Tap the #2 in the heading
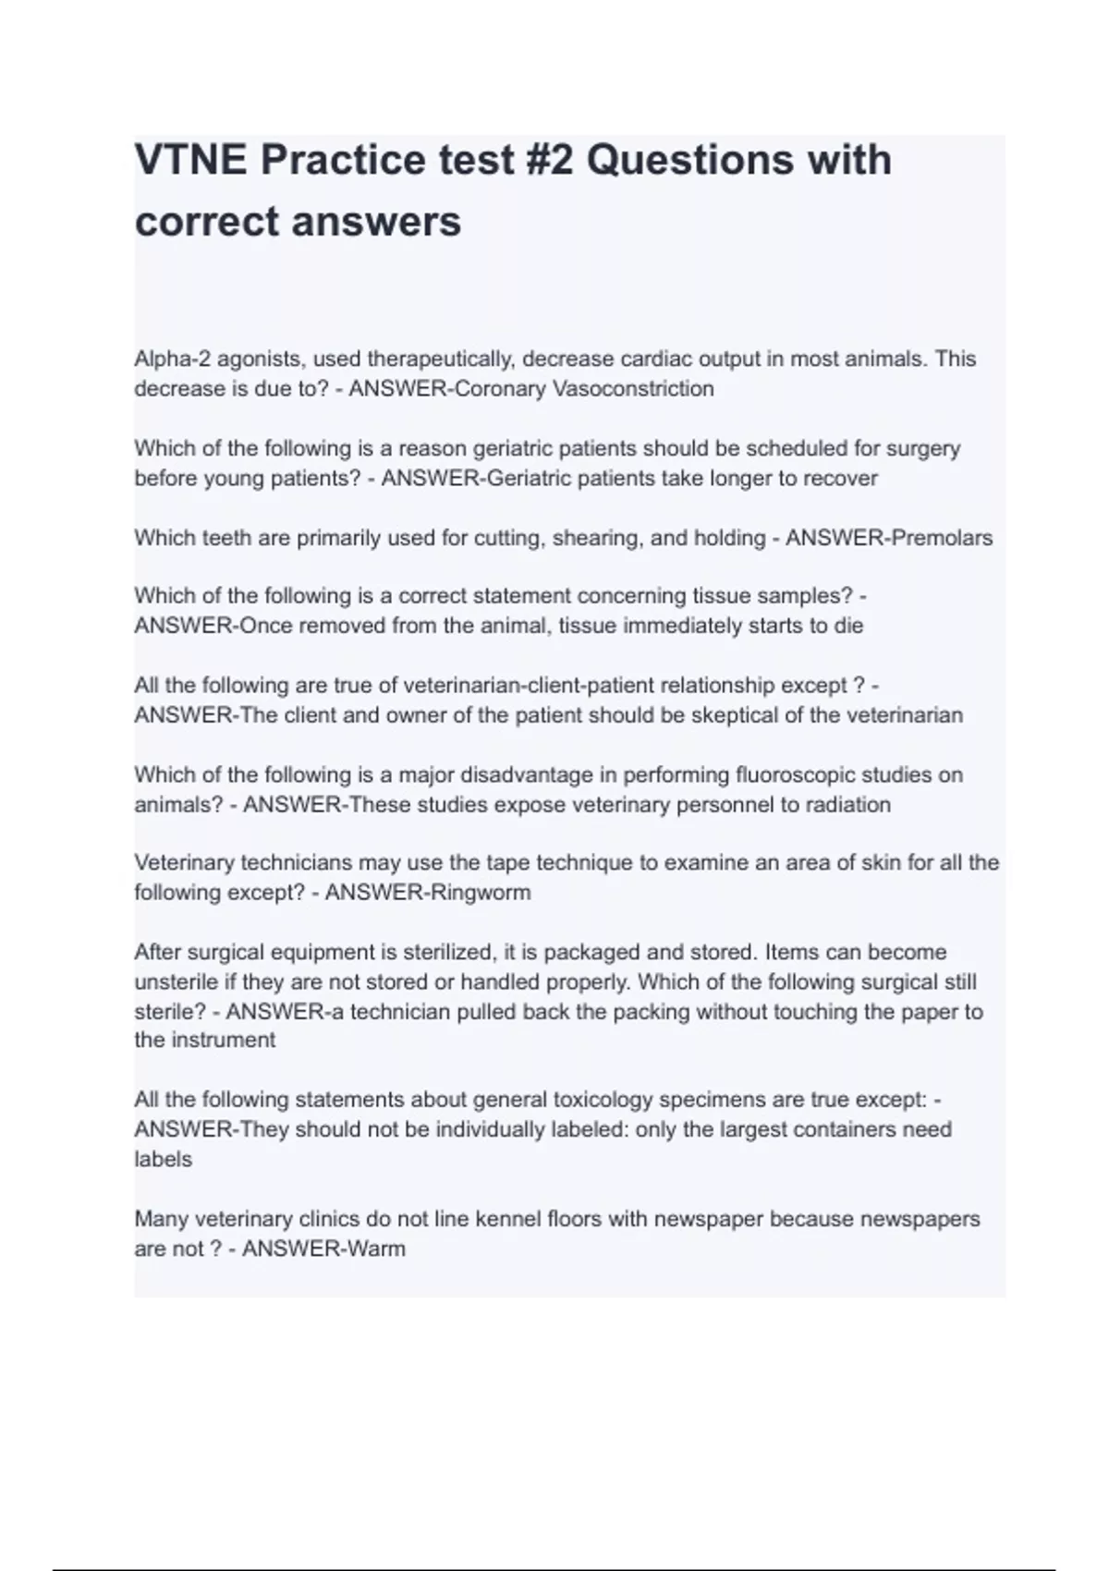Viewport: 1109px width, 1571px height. [541, 160]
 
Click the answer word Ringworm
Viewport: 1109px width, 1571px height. [485, 893]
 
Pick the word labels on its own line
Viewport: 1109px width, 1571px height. [163, 1159]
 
